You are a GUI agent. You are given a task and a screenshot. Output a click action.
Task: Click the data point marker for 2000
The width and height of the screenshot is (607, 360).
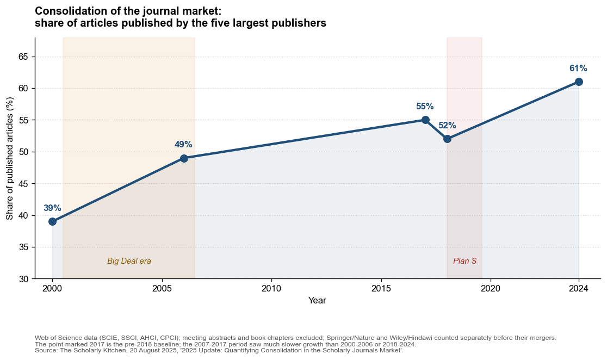click(52, 221)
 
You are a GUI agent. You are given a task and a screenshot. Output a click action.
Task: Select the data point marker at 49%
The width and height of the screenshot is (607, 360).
click(184, 158)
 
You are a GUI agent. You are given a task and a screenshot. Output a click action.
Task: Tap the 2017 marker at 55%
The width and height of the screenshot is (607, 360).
click(425, 120)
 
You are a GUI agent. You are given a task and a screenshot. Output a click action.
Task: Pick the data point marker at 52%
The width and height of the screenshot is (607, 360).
click(447, 139)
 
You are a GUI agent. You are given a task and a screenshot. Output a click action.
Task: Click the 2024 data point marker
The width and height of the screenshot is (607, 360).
click(579, 82)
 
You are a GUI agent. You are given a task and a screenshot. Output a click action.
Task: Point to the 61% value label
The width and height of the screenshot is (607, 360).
click(578, 69)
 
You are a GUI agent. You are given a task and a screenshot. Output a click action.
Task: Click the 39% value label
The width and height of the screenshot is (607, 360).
click(52, 208)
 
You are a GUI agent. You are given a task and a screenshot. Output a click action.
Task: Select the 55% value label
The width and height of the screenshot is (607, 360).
click(425, 107)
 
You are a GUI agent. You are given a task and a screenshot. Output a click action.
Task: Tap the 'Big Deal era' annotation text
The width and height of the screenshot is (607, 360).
click(129, 261)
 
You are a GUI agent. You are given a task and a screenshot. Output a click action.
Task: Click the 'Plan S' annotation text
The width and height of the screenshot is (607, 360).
click(464, 261)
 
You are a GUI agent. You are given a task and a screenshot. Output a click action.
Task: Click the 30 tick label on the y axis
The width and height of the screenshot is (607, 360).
click(23, 279)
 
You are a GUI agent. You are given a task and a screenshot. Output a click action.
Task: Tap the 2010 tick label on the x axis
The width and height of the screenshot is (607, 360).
click(271, 288)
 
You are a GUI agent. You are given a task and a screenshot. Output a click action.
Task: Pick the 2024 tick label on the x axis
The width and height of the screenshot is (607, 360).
click(579, 288)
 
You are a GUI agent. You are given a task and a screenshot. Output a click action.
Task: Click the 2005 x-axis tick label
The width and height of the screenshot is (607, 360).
click(162, 288)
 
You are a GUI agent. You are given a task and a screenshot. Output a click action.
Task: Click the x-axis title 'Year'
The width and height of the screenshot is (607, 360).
click(317, 300)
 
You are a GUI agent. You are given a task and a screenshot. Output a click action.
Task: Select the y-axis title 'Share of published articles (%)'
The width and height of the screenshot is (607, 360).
click(10, 158)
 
